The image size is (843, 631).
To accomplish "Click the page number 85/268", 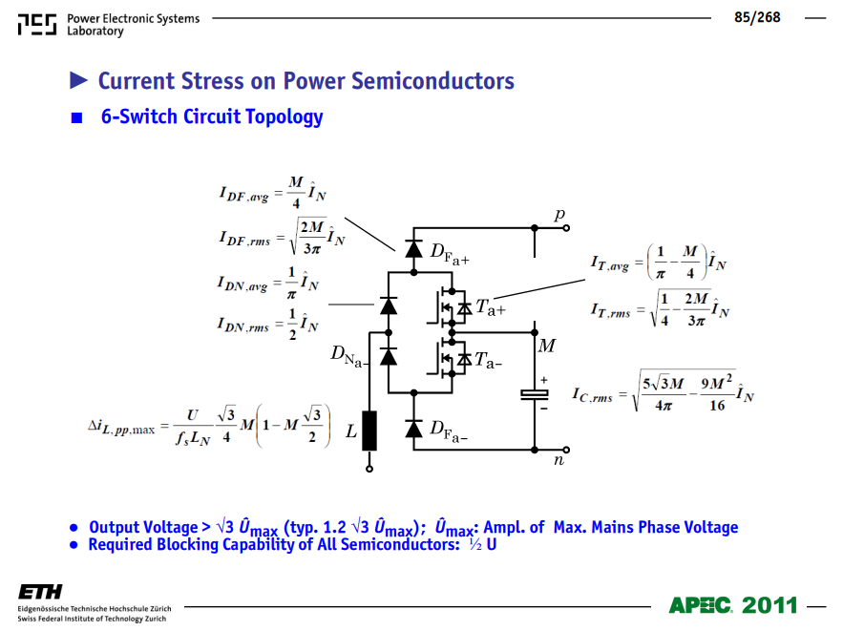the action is pyautogui.click(x=757, y=17).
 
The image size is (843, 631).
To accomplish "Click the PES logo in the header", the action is pyautogui.click(x=36, y=25).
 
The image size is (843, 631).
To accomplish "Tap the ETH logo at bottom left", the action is pyautogui.click(x=40, y=592).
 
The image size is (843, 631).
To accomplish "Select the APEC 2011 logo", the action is pyautogui.click(x=733, y=606).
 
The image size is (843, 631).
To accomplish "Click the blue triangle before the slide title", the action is pyautogui.click(x=78, y=80).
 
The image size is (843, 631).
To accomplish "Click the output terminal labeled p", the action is pyautogui.click(x=566, y=228).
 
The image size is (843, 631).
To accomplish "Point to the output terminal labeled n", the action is pyautogui.click(x=566, y=450).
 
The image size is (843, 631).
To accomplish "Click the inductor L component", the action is pyautogui.click(x=369, y=431).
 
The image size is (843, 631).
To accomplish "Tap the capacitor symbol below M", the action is pyautogui.click(x=535, y=395).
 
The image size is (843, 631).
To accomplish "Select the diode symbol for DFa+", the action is pyautogui.click(x=413, y=249).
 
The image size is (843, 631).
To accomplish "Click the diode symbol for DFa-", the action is pyautogui.click(x=413, y=429).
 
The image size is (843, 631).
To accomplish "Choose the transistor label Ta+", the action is pyautogui.click(x=491, y=308).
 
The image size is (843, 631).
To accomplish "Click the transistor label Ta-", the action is pyautogui.click(x=488, y=360).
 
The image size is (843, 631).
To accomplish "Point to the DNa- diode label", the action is pyautogui.click(x=348, y=355).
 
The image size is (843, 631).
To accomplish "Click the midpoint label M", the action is pyautogui.click(x=547, y=346).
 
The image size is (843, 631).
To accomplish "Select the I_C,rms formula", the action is pyautogui.click(x=663, y=391).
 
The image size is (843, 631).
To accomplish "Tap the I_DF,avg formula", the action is pyautogui.click(x=273, y=192).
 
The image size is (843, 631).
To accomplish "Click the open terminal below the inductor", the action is pyautogui.click(x=369, y=469).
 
